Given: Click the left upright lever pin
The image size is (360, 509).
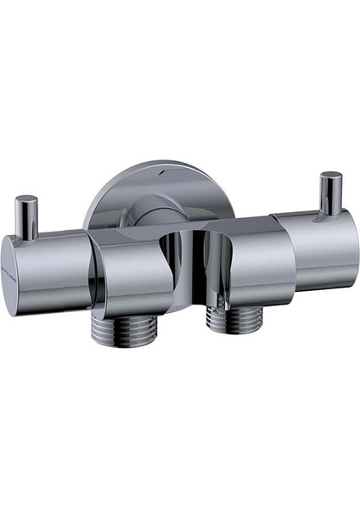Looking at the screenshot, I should click(27, 216).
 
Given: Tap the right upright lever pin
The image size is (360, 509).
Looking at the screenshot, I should click(330, 195).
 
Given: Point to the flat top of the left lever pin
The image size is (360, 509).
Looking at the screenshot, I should click(27, 201).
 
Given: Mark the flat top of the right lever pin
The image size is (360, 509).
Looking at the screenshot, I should click(331, 177).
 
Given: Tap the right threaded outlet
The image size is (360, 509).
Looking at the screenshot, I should click(233, 320).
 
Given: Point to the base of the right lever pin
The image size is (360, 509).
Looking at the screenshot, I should click(330, 212).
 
